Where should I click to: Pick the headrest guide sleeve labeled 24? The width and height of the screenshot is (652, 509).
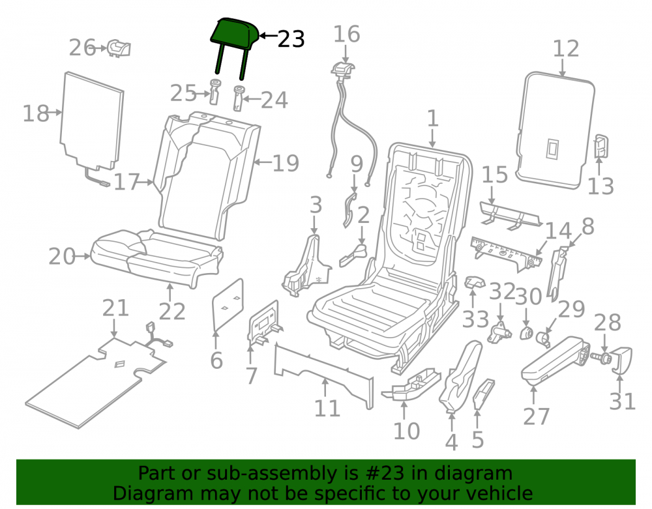click(238, 98)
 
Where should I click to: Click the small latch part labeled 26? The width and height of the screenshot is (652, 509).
click(119, 48)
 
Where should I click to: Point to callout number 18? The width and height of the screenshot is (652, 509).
click(36, 113)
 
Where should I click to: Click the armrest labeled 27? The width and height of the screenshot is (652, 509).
click(556, 359)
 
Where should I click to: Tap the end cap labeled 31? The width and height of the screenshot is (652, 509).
click(622, 360)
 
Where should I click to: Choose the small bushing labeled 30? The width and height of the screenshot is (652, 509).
click(527, 333)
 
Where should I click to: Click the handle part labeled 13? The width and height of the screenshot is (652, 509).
click(601, 146)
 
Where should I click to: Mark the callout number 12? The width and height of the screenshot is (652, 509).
click(565, 49)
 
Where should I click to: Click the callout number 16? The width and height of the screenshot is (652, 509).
click(346, 34)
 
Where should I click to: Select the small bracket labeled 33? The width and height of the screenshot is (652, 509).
click(475, 282)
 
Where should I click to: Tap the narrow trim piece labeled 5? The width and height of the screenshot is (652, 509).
click(484, 393)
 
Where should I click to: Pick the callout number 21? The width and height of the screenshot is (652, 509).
click(115, 308)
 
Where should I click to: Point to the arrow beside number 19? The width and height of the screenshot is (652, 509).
click(262, 162)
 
